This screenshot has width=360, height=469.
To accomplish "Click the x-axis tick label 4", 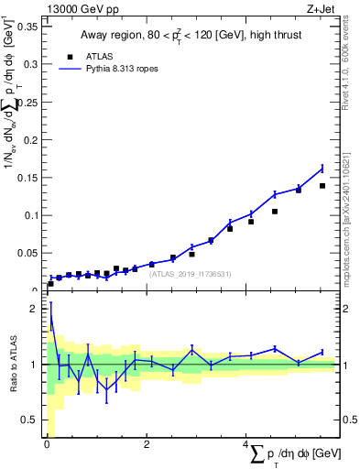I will coord(245,446).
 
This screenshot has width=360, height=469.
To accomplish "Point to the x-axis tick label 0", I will coord(47,446).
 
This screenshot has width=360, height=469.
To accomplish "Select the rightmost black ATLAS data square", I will coord(322,186).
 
